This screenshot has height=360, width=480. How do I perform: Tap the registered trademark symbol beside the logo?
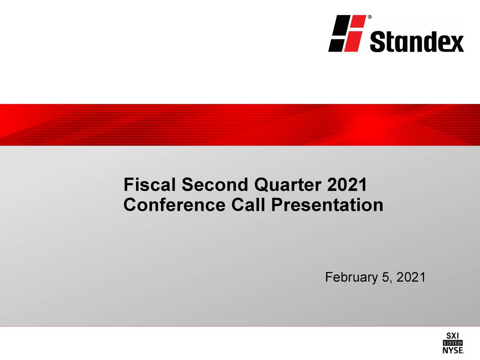tap(370, 17)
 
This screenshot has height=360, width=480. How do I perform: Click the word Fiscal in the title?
tap(149, 185)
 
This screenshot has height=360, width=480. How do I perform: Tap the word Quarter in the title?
tap(288, 185)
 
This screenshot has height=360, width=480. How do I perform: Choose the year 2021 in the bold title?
tap(347, 185)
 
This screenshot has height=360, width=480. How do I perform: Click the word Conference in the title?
tap(174, 205)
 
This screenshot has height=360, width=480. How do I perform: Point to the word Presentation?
tap(327, 205)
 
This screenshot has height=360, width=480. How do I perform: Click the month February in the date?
tap(351, 277)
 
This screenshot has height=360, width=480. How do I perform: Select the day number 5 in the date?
tap(385, 277)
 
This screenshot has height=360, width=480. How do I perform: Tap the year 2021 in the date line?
tap(411, 277)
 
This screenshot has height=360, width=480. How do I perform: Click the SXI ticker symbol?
tap(453, 336)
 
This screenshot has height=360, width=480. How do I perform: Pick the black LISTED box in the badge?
tap(453, 343)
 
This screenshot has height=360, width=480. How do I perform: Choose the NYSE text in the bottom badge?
tap(453, 350)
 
